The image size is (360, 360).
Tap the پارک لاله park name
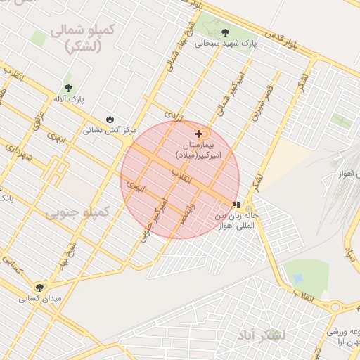pos(67,100)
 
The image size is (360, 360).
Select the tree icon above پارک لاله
pos(68,88)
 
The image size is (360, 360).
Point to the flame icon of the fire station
pos(110,119)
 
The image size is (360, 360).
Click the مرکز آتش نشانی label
pos(103,130)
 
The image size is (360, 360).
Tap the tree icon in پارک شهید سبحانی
pos(225,32)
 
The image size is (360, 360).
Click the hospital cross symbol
pos(199,133)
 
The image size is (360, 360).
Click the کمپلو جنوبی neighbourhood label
pos(78,212)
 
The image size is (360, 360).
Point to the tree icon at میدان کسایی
pos(40,287)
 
